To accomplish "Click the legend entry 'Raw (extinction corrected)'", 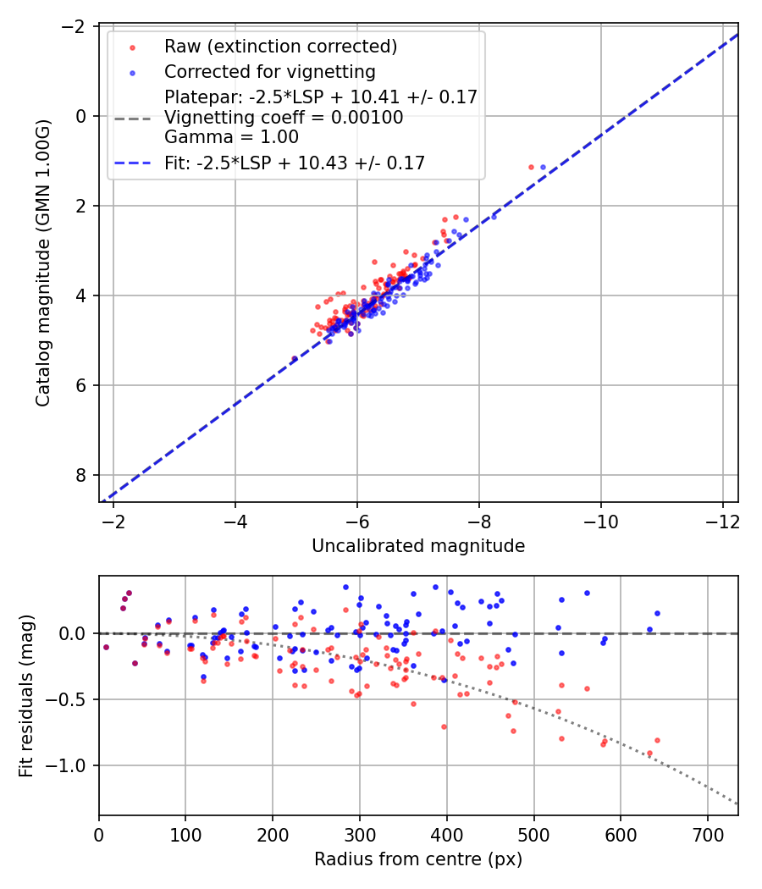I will (280, 46).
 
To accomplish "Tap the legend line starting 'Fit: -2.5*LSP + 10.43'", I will (295, 163).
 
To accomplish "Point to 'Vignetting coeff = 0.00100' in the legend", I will (284, 118).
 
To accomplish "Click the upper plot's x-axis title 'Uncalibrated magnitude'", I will (418, 546).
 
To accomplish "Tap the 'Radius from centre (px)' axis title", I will (418, 859).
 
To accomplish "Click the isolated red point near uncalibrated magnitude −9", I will (531, 168).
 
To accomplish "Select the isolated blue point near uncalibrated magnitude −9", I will (543, 168).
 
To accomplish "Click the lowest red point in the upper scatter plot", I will (295, 360).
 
